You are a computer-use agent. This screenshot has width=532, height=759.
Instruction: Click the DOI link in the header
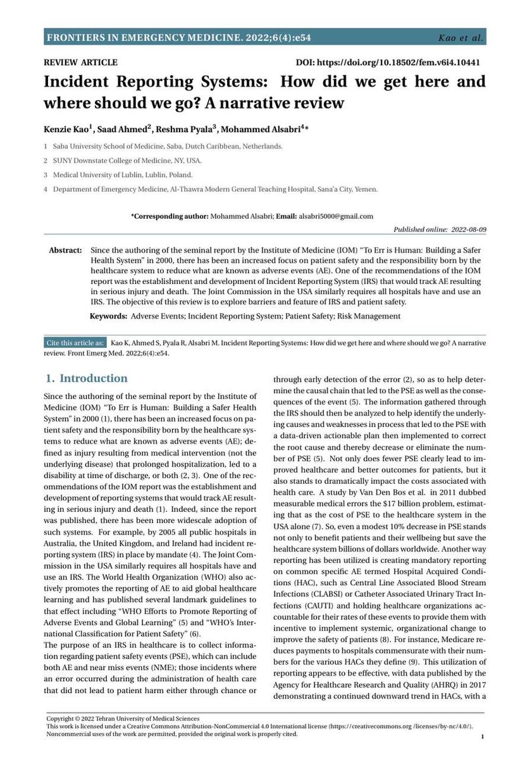point(390,63)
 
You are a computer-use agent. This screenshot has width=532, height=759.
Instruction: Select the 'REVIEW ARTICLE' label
point(80,63)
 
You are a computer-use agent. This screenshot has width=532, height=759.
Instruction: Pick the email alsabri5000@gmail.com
point(337,216)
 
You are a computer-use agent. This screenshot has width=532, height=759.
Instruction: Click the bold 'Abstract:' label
point(65,250)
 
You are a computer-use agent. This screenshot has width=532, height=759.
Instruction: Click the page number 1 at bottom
point(483,737)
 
